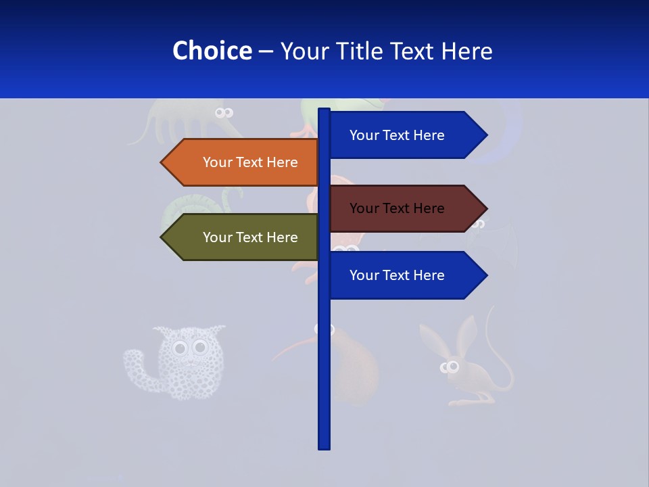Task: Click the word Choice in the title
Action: tap(212, 51)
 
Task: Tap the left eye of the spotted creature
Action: tap(179, 349)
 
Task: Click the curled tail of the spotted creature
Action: tap(135, 365)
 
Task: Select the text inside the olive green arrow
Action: tap(250, 237)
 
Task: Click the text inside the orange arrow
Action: tap(250, 162)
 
